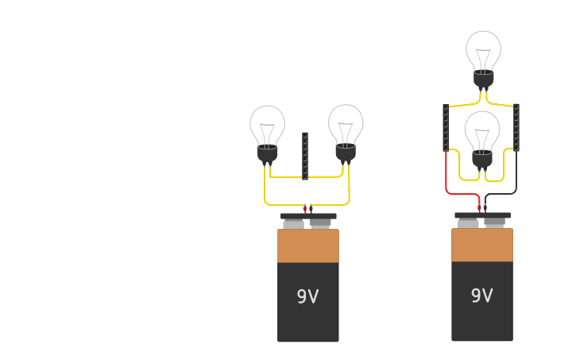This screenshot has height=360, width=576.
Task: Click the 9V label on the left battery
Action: click(307, 296)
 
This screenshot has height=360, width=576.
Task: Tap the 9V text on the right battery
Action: click(481, 296)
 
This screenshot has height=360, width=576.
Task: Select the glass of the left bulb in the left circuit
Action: click(267, 122)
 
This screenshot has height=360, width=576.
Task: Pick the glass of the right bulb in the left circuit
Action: click(346, 122)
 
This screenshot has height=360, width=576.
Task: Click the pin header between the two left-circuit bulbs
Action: click(305, 156)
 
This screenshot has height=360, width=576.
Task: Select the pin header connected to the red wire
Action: click(446, 127)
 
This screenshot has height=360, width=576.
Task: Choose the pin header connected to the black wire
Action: click(516, 127)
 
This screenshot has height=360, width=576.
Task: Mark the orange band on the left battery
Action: click(307, 246)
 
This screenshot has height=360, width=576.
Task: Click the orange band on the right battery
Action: click(481, 246)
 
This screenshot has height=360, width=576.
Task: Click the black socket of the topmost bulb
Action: click(483, 79)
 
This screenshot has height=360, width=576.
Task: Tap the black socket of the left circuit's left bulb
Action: click(267, 153)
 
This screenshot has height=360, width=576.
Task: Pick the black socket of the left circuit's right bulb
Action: click(346, 152)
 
